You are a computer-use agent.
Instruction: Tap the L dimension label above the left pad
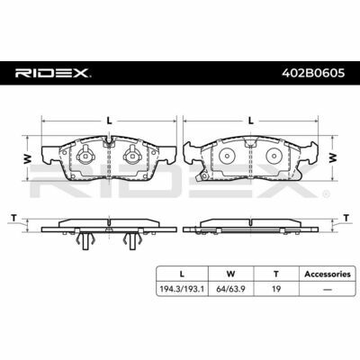coord(108,120)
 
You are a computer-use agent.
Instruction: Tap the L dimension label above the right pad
coord(251,120)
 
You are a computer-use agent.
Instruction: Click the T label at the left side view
coord(13,218)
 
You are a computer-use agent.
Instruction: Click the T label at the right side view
coord(346,218)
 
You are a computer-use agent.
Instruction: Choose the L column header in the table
coord(184,274)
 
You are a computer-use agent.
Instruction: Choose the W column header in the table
coord(231,274)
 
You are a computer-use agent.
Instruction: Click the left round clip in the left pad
coord(87,155)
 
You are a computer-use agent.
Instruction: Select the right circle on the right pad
coord(274,156)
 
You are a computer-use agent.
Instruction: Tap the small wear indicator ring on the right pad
coord(205,175)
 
